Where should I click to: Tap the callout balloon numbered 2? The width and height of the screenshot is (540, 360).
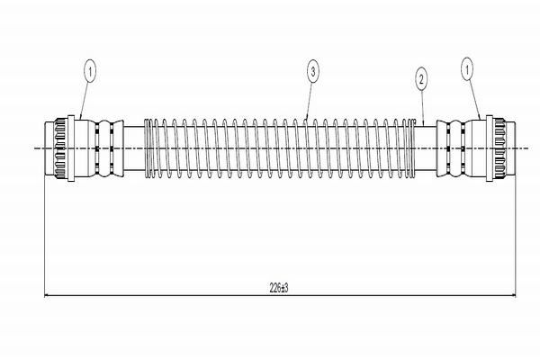pos(420,78)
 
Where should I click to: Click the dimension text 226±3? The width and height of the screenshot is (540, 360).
pos(278,288)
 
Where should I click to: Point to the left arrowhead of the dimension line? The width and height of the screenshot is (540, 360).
pos(49,294)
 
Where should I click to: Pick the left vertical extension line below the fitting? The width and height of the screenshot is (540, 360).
pos(45,234)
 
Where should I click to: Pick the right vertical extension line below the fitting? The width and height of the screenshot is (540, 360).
pos(513,234)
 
